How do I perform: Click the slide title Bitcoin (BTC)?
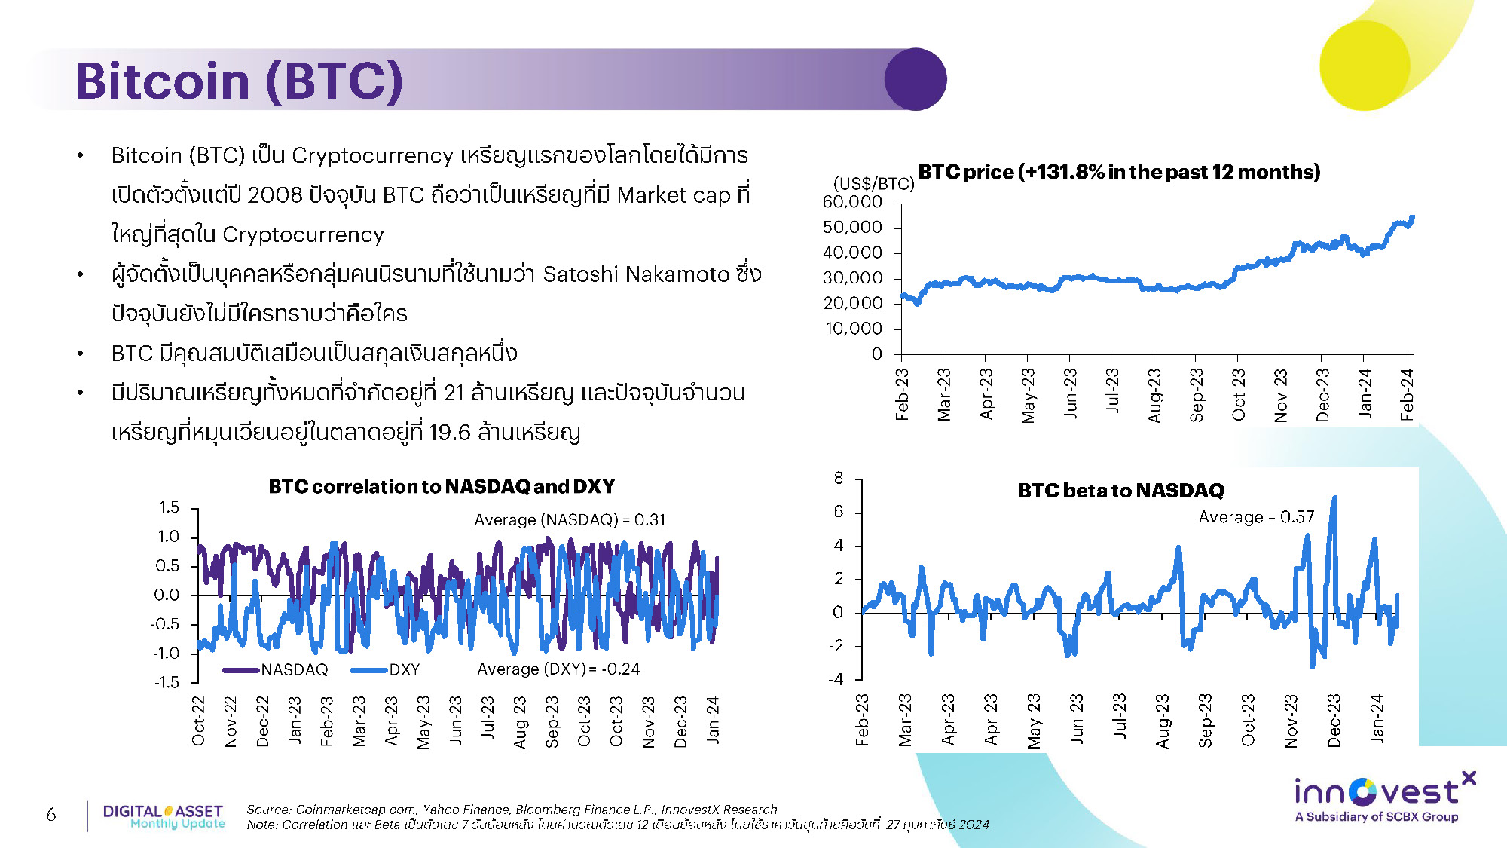pyautogui.click(x=239, y=81)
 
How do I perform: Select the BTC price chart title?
pyautogui.click(x=1119, y=172)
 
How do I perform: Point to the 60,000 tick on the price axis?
pyautogui.click(x=852, y=202)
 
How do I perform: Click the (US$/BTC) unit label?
pyautogui.click(x=874, y=183)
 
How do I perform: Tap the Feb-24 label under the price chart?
pyautogui.click(x=1407, y=394)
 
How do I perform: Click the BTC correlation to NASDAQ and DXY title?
pyautogui.click(x=442, y=486)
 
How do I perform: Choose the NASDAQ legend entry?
pyautogui.click(x=276, y=669)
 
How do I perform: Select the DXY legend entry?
pyautogui.click(x=385, y=669)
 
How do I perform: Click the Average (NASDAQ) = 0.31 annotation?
pyautogui.click(x=570, y=519)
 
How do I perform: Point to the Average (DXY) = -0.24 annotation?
pyautogui.click(x=558, y=669)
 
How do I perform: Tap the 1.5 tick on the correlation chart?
pyautogui.click(x=169, y=507)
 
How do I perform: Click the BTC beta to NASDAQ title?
pyautogui.click(x=1121, y=491)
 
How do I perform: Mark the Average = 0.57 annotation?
pyautogui.click(x=1256, y=517)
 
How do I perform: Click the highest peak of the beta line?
pyautogui.click(x=1334, y=497)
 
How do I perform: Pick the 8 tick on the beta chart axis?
pyautogui.click(x=839, y=478)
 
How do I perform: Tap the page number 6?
pyautogui.click(x=50, y=814)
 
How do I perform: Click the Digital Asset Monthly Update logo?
pyautogui.click(x=164, y=816)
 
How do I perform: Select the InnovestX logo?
pyautogui.click(x=1384, y=796)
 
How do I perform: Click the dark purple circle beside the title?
pyautogui.click(x=916, y=79)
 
